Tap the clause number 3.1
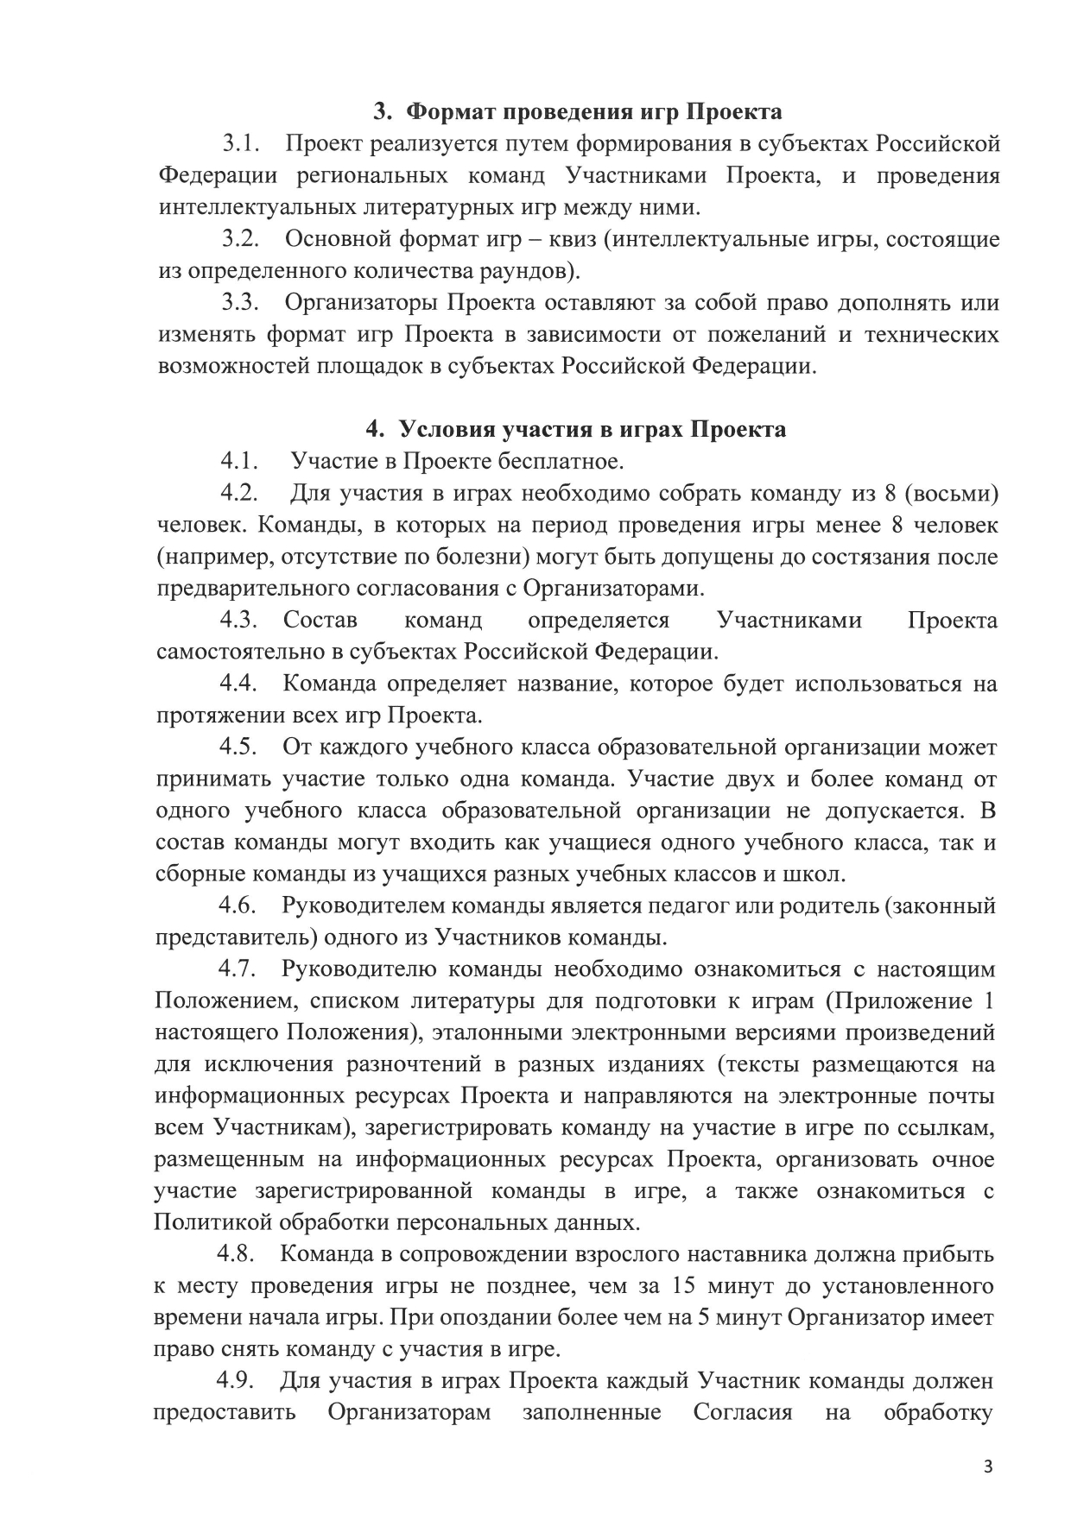[242, 143]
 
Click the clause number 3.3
[241, 303]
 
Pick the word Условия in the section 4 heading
[448, 430]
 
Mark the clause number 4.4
[239, 684]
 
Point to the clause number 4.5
[239, 748]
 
